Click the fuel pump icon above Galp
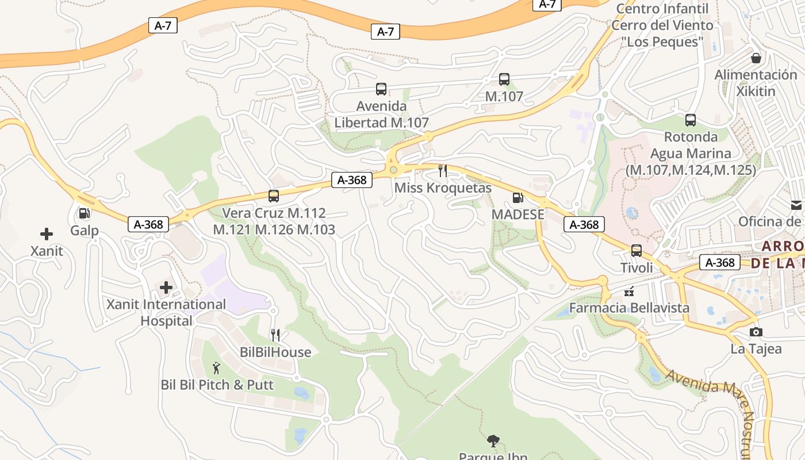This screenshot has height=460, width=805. pyautogui.click(x=84, y=214)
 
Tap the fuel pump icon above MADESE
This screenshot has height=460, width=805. pyautogui.click(x=517, y=198)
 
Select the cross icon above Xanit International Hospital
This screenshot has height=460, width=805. pyautogui.click(x=166, y=287)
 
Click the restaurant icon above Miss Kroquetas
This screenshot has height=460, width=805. pyautogui.click(x=443, y=170)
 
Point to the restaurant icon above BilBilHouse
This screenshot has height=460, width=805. pyautogui.click(x=275, y=335)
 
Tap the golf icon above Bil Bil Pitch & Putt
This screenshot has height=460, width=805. pyautogui.click(x=216, y=368)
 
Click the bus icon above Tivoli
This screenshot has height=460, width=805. pyautogui.click(x=637, y=251)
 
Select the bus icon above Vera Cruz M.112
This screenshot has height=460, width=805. pyautogui.click(x=274, y=196)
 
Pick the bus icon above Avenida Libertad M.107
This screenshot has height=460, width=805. pyautogui.click(x=381, y=89)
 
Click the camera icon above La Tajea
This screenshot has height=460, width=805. pyautogui.click(x=756, y=332)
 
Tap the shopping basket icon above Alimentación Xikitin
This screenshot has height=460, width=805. pyautogui.click(x=756, y=58)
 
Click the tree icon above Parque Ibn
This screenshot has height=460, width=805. pyautogui.click(x=493, y=441)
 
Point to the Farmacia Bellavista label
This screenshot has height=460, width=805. pyautogui.click(x=629, y=308)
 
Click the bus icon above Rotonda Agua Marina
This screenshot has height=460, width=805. pyautogui.click(x=691, y=120)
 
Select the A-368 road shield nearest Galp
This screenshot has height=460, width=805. pyautogui.click(x=148, y=224)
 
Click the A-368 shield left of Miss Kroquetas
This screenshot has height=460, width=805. pyautogui.click(x=352, y=180)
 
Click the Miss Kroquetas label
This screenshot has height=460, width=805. pyautogui.click(x=443, y=188)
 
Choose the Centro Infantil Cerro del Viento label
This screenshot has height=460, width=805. pyautogui.click(x=662, y=25)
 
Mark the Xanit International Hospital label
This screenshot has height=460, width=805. pyautogui.click(x=166, y=312)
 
